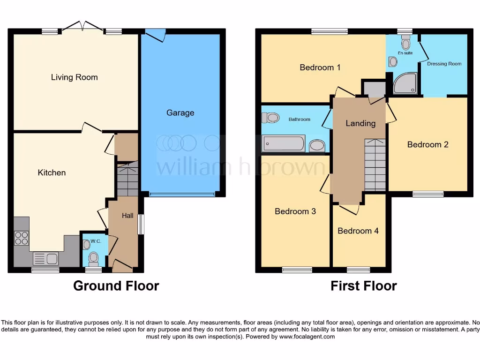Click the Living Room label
pos(74,77)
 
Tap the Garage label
pos(180,113)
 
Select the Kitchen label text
pos(52,172)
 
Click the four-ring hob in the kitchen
pos(21,238)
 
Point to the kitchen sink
pos(45,258)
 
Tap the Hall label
pos(127,216)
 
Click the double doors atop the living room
pos(82,26)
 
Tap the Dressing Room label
pos(444,64)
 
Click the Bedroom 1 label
pos(320,67)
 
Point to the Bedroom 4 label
pos(358,231)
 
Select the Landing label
pos(360,123)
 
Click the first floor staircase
pos(375,165)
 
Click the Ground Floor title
pos(116,285)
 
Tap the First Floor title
pos(363,285)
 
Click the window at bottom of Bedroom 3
pos(297,270)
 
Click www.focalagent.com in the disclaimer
pos(307,337)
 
